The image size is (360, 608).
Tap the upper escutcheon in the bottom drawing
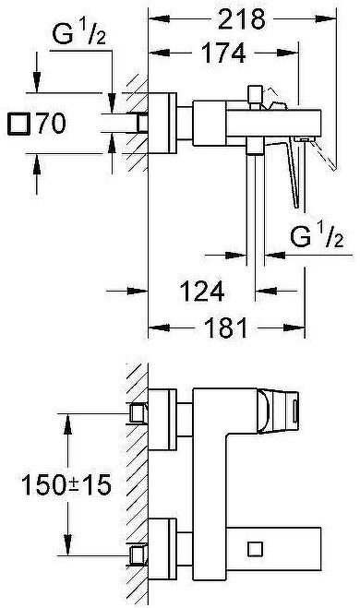tap(164, 412)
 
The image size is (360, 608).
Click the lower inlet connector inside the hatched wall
tap(138, 552)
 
